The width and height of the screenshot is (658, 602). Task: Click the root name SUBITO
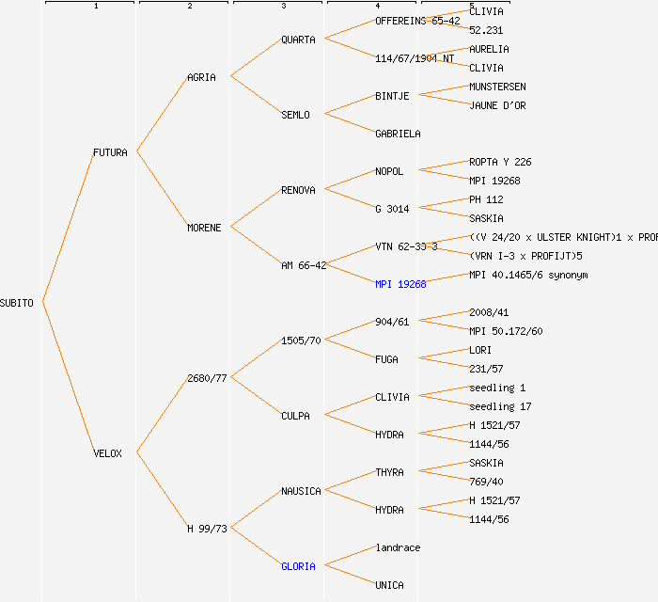[17, 303]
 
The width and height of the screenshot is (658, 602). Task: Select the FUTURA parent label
[110, 152]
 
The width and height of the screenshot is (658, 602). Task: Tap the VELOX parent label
[107, 453]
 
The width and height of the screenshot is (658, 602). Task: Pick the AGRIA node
[201, 77]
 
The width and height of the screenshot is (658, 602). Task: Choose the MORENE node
[204, 228]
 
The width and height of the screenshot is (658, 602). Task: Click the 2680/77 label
[207, 378]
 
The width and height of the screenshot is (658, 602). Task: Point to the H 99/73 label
[207, 529]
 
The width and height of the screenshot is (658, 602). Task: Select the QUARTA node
[299, 40]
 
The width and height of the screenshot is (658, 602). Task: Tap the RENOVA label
[298, 190]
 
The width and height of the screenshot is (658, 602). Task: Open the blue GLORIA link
[298, 566]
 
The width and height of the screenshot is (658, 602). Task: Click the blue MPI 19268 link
[400, 284]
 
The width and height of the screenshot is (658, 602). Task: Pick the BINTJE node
[392, 96]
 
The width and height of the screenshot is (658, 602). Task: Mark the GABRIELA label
[398, 134]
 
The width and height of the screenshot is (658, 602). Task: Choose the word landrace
[398, 547]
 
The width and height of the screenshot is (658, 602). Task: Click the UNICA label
[389, 585]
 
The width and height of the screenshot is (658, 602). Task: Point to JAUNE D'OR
[497, 105]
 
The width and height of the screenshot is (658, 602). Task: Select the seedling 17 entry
[500, 406]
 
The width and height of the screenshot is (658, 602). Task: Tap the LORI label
[480, 350]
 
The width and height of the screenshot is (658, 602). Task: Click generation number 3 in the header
[283, 7]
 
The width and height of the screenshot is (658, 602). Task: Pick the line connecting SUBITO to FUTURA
[68, 227]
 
